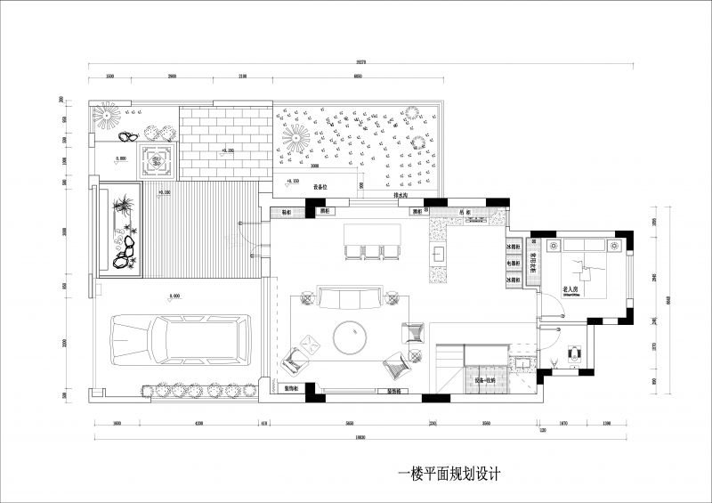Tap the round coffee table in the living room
coord(352,337)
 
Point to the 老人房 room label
coord(571,290)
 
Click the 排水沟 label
coord(400,194)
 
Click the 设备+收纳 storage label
coord(486,381)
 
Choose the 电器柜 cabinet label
coord(514,264)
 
